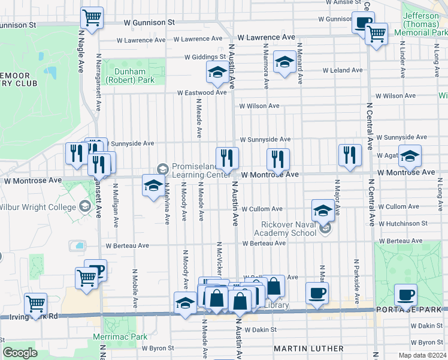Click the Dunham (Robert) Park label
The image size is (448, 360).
coord(130,76)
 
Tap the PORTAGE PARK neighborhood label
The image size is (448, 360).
coord(411,309)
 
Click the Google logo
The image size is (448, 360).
coord(20,353)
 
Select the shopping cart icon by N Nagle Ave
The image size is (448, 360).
coord(92,17)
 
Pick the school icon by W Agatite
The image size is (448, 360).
coord(410,156)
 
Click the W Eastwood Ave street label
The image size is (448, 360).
coord(201,93)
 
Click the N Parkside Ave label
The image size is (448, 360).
coord(356,277)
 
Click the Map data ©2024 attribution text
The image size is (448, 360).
coord(420,355)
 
